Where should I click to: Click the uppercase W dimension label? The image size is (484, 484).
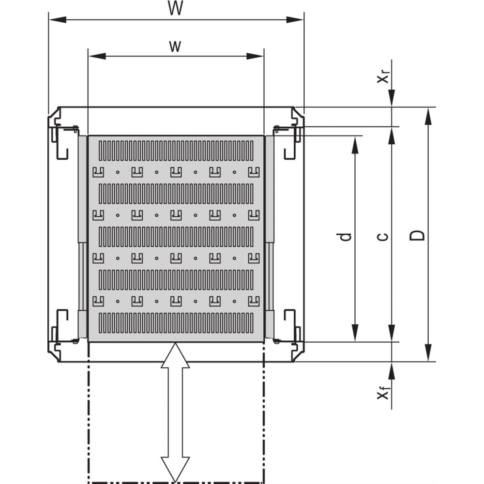(175, 8)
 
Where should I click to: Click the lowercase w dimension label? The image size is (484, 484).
(175, 46)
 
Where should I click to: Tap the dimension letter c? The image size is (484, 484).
(383, 237)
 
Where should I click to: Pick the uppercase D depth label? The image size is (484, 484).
(417, 236)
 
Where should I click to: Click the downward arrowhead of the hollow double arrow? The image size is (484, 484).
(175, 469)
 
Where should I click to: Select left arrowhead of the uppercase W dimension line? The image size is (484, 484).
(58, 20)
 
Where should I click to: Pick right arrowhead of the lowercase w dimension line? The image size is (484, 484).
(255, 56)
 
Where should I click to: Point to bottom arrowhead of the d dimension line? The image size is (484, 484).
(355, 333)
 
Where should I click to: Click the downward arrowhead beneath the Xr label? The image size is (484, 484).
(392, 98)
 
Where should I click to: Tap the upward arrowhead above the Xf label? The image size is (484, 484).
(392, 371)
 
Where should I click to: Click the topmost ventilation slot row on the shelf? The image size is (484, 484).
(176, 151)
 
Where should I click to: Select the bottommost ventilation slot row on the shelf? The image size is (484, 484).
(176, 323)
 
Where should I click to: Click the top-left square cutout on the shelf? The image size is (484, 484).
(98, 172)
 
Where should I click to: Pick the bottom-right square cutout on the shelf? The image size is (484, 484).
(254, 301)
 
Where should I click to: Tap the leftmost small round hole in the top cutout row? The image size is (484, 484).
(118, 172)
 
